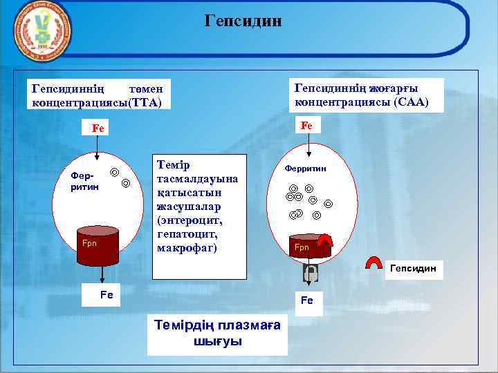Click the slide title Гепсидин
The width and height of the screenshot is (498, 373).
pyautogui.click(x=243, y=21)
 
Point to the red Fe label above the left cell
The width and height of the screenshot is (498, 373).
pyautogui.click(x=98, y=128)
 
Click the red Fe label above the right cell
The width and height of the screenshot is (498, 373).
pyautogui.click(x=306, y=126)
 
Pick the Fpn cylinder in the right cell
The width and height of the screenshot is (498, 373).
pyautogui.click(x=306, y=249)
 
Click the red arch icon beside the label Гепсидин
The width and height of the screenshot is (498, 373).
pyautogui.click(x=375, y=264)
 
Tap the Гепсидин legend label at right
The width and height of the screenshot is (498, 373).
pyautogui.click(x=413, y=267)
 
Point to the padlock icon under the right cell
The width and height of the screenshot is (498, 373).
pyautogui.click(x=310, y=274)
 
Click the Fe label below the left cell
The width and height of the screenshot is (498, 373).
pyautogui.click(x=107, y=294)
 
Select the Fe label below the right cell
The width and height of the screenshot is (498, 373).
pyautogui.click(x=306, y=301)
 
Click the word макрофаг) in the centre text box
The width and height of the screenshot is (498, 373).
pyautogui.click(x=187, y=247)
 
